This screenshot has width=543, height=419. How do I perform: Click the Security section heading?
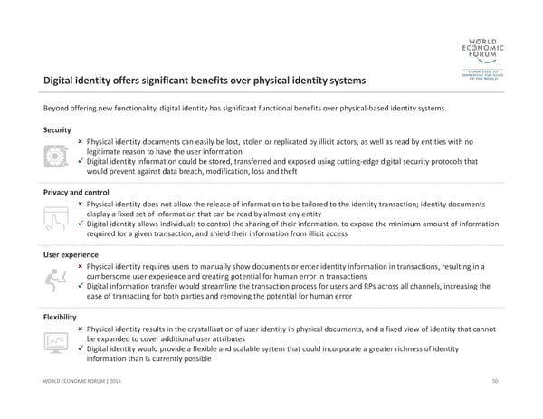pos(57,130)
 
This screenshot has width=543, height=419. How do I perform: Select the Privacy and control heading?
pos(76,193)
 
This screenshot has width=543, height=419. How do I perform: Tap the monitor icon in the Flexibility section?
pos(56,342)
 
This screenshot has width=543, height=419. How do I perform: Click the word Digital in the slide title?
pos(61,81)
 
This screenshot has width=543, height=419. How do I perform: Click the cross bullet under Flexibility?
pos(81,329)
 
